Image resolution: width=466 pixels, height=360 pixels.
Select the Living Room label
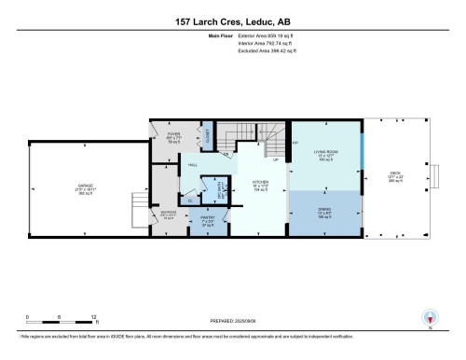(325, 154)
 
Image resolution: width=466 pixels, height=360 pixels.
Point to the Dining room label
(325, 209)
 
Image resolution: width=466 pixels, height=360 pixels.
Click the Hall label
(193, 165)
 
